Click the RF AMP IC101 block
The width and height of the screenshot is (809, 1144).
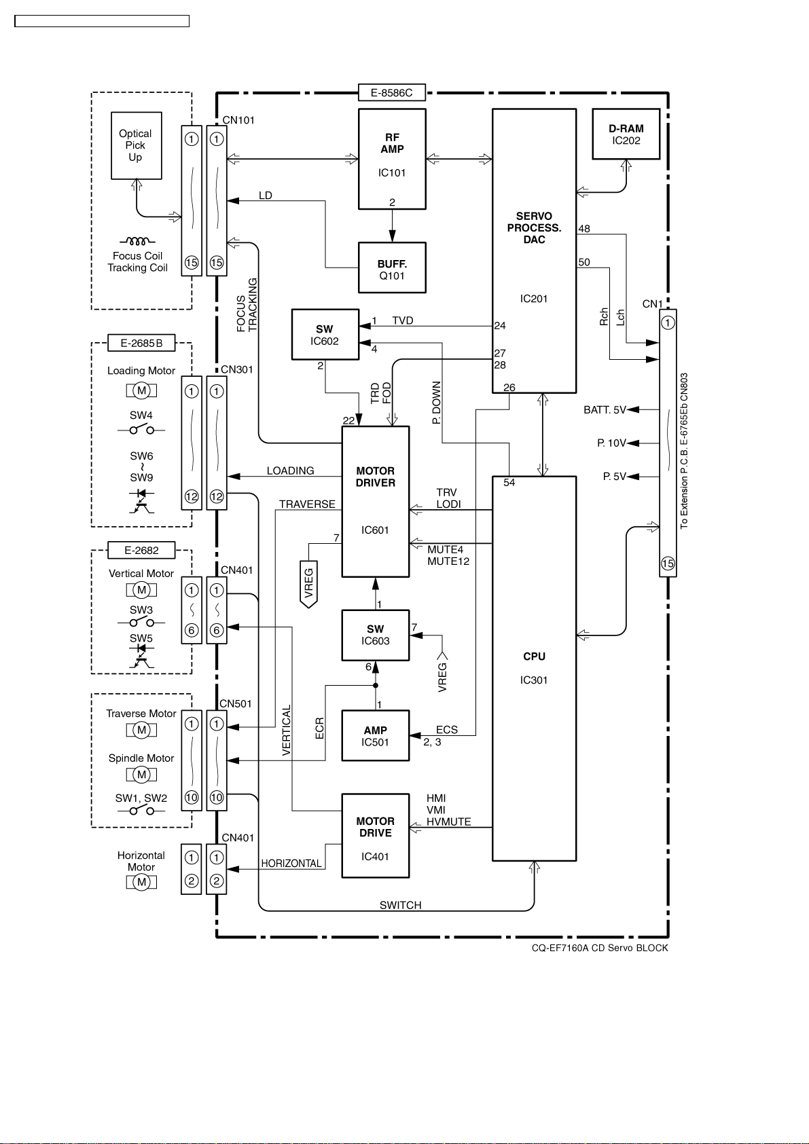coord(392,159)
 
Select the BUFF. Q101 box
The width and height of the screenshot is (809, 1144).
coord(392,267)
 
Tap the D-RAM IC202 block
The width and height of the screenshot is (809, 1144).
coord(626,134)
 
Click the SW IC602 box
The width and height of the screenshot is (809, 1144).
coord(325,335)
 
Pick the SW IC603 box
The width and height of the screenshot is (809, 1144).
coord(376,635)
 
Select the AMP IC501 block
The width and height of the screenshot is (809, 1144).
coord(376,735)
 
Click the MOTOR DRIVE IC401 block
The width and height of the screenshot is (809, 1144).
coord(376,836)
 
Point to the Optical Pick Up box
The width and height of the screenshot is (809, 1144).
coord(137,145)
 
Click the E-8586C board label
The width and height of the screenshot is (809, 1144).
coord(392,92)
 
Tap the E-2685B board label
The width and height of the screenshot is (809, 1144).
coord(141,344)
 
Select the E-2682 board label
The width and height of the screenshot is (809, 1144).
coord(141,550)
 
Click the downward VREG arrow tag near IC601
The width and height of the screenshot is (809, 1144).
coord(308,585)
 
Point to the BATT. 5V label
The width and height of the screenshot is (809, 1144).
coord(605,409)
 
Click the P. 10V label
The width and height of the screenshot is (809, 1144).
coord(611,443)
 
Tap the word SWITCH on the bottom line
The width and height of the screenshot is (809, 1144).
coord(401,905)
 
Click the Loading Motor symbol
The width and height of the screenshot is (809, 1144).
coord(141,390)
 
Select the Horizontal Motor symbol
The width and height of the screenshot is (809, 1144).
coord(141,882)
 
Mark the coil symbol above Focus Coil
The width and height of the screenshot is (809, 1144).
coord(137,241)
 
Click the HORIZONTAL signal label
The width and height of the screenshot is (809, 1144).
coord(291,863)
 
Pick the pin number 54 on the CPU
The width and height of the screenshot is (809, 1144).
coord(509,483)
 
